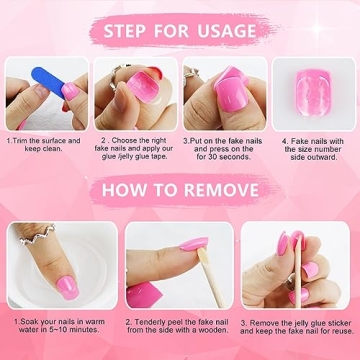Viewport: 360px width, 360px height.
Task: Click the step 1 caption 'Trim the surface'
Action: click(43, 147)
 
